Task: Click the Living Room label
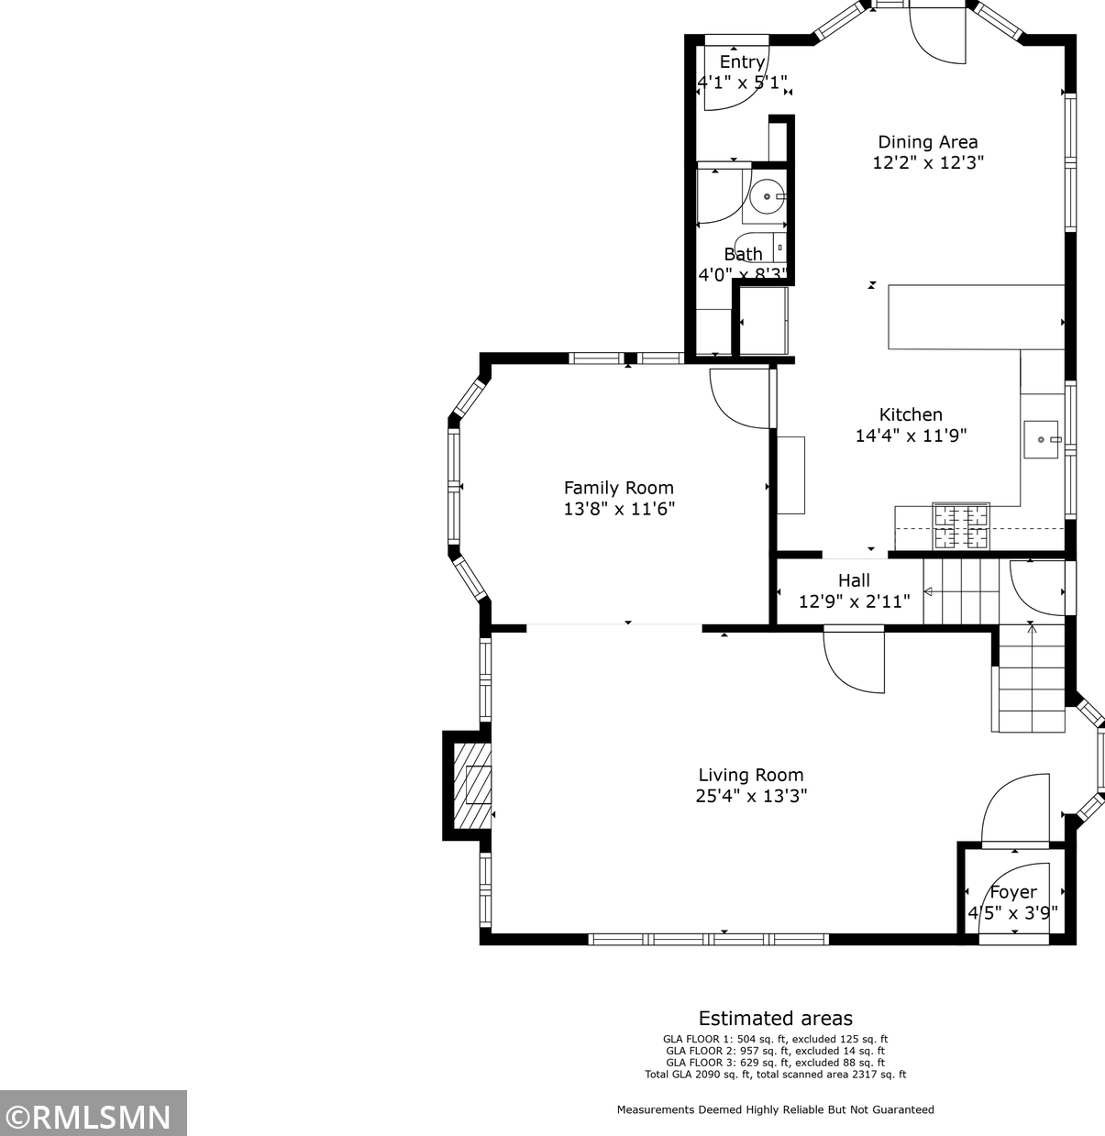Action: [751, 775]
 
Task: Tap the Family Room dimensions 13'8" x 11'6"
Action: [619, 509]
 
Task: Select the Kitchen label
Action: [911, 414]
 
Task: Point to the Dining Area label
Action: [927, 142]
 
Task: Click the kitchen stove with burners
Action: [961, 526]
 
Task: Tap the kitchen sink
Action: [1042, 439]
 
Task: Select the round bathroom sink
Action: [767, 197]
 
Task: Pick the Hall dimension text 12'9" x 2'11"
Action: [854, 601]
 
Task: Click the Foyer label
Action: [1013, 892]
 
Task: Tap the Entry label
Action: [742, 61]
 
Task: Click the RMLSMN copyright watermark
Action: [94, 1117]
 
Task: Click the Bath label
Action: [743, 254]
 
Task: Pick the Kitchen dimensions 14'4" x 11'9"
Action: [911, 436]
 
